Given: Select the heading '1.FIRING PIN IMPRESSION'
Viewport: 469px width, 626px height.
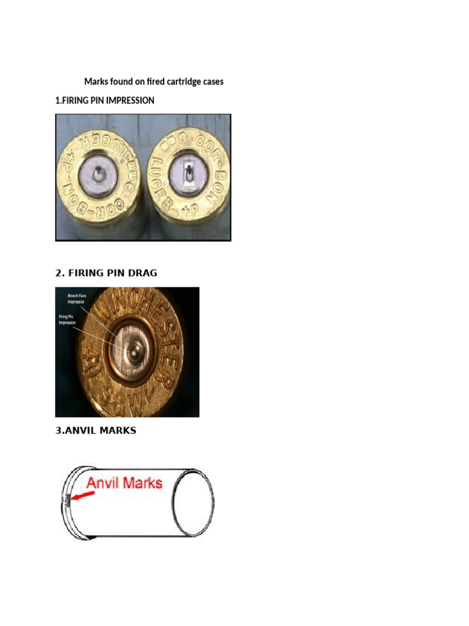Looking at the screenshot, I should click(x=104, y=100).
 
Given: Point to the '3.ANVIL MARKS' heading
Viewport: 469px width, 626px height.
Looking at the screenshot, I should click(x=96, y=430).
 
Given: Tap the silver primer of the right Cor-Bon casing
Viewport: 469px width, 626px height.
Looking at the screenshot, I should click(x=188, y=176).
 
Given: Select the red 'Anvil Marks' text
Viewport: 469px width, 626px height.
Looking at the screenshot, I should click(x=124, y=483).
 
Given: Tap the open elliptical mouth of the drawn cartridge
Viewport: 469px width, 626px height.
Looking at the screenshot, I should click(x=195, y=501).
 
